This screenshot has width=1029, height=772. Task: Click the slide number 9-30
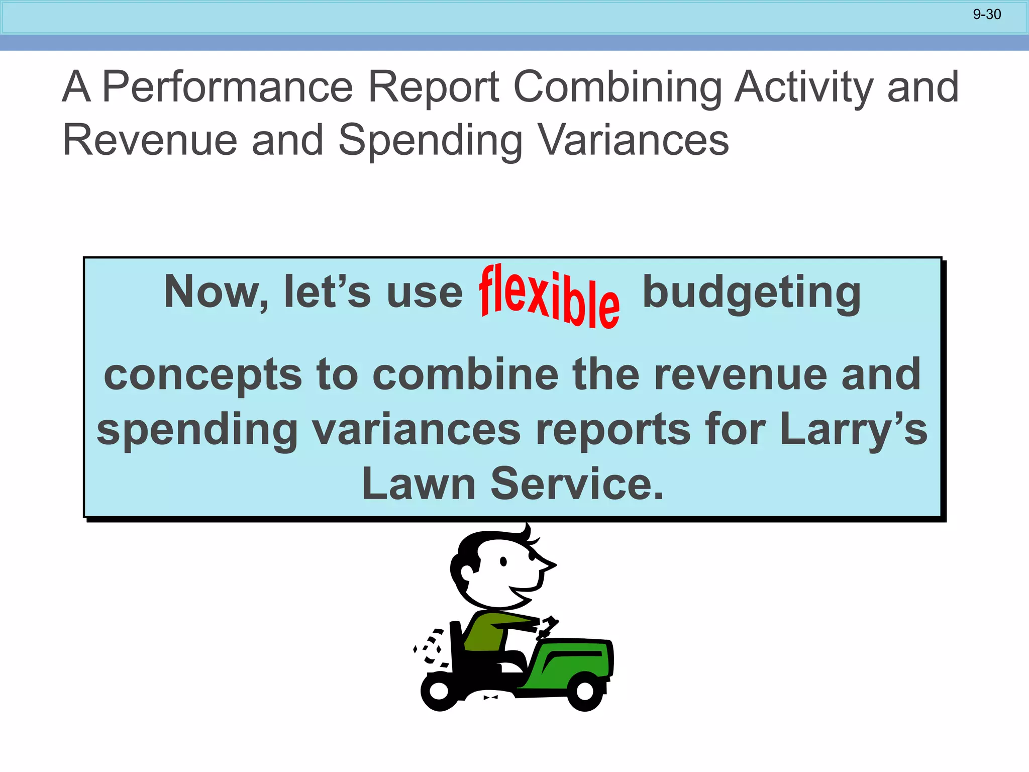pyautogui.click(x=987, y=15)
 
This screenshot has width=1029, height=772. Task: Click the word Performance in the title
pyautogui.click(x=228, y=87)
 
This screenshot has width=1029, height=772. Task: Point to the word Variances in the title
pyautogui.click(x=634, y=140)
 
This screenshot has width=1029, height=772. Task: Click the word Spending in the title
pyautogui.click(x=430, y=141)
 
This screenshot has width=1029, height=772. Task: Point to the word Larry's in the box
pyautogui.click(x=853, y=431)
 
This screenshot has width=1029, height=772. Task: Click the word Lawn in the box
pyautogui.click(x=419, y=484)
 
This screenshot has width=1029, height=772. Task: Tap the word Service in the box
pyautogui.click(x=577, y=484)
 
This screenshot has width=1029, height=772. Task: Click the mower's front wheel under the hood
pyautogui.click(x=585, y=691)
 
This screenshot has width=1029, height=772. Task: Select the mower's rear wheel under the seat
pyautogui.click(x=439, y=691)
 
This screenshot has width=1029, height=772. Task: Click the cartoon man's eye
pyautogui.click(x=503, y=562)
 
